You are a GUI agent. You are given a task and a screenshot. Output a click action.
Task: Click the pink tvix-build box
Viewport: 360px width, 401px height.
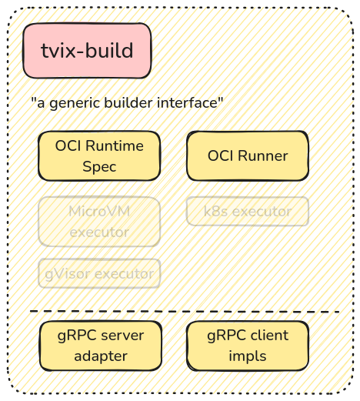[x=87, y=51]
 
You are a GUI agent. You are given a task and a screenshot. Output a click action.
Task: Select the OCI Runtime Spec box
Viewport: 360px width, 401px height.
[x=100, y=155]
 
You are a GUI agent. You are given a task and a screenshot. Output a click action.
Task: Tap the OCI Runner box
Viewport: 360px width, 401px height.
[x=248, y=155]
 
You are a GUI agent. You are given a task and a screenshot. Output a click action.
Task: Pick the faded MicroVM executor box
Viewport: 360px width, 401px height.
[x=99, y=221]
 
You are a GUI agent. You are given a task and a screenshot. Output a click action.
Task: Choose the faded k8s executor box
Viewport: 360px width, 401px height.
[x=248, y=211]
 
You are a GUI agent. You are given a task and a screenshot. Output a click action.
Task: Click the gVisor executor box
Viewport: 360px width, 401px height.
[x=99, y=273]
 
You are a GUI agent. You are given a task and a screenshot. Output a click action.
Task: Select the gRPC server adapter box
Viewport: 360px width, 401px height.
[x=100, y=346]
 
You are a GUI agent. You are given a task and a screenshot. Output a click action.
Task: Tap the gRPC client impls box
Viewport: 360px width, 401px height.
[x=248, y=346]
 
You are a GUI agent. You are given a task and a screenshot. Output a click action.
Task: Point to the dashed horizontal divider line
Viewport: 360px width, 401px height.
[x=185, y=312]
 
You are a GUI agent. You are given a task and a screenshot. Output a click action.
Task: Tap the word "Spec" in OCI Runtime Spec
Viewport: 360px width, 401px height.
[x=100, y=165]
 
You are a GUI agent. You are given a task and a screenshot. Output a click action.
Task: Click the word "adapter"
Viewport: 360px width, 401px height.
[x=100, y=356]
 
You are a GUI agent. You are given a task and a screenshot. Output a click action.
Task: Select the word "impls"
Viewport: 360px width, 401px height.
[x=248, y=356]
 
